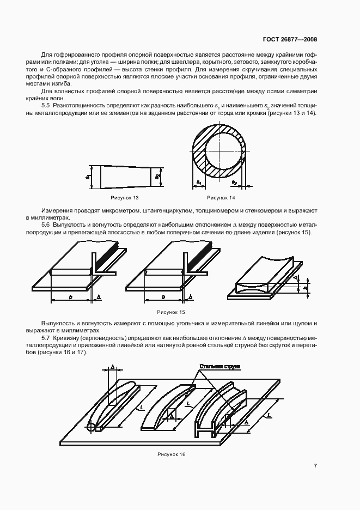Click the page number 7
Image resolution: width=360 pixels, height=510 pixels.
pos(315,465)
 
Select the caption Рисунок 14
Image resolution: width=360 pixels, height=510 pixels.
pos(221,197)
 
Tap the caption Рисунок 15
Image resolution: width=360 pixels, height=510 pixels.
pos(171,312)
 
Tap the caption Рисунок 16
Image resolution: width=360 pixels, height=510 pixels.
pos(171,454)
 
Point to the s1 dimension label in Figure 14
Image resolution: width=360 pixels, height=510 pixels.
pos(199,181)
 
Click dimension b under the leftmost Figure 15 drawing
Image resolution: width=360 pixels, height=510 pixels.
pos(71,296)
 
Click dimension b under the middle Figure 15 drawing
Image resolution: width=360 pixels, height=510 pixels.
pos(163,296)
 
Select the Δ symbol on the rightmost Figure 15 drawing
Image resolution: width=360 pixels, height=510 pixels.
pos(295,278)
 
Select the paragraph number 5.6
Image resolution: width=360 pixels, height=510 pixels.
pos(46,225)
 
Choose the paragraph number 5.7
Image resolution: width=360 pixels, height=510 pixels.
pos(46,338)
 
